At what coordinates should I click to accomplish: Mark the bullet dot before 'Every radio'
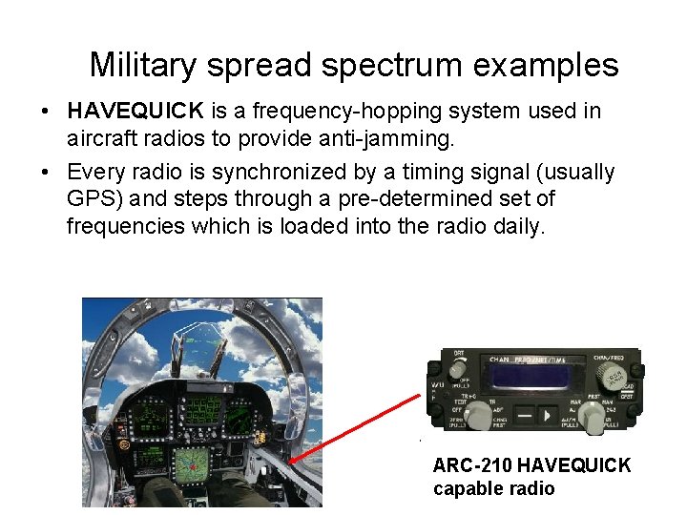click(46, 174)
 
